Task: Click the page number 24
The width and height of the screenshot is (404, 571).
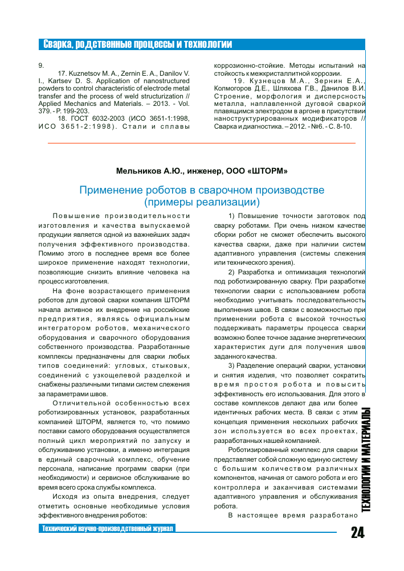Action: coord(357,533)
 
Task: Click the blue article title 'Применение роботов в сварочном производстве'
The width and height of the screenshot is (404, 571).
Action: coord(202,190)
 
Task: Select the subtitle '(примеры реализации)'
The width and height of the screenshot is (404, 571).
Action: coord(202,202)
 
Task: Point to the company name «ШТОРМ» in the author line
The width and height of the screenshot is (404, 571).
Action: coord(268,170)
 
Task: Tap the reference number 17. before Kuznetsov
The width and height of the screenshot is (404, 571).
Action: coord(63,74)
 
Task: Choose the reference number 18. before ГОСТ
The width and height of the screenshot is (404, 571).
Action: coord(63,118)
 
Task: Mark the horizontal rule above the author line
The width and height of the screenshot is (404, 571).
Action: coord(202,143)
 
